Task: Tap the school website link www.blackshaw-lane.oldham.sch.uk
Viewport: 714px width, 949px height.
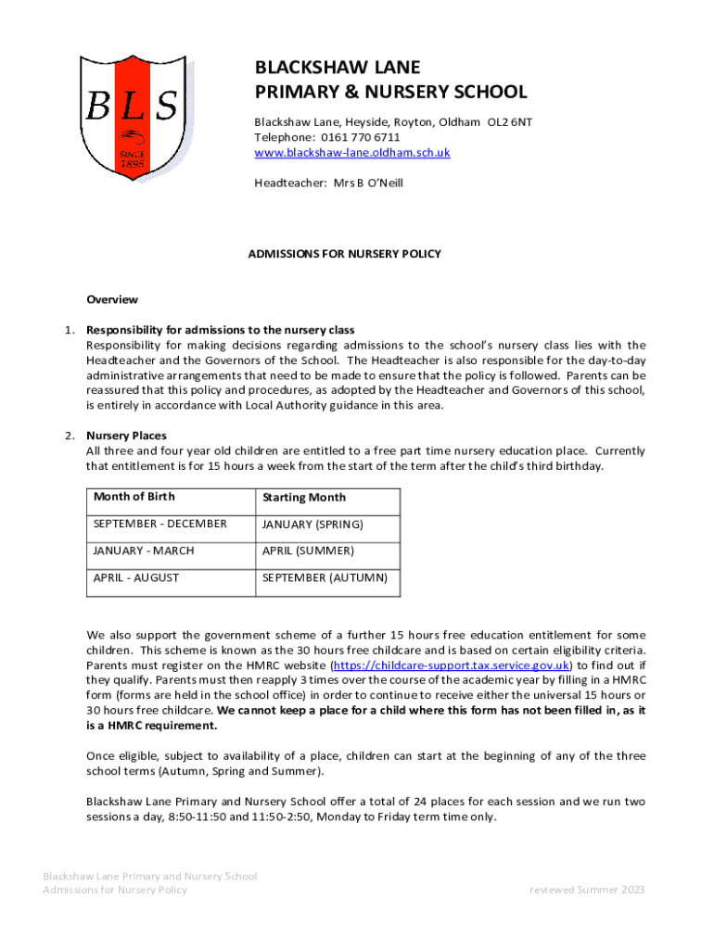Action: (352, 152)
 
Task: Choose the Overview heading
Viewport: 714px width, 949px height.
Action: (112, 299)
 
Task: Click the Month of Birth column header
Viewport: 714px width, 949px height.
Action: (134, 497)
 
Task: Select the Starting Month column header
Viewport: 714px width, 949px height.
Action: (304, 498)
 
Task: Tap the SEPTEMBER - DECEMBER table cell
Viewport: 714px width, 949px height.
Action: (159, 524)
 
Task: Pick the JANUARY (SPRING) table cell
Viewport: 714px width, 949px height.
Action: (312, 525)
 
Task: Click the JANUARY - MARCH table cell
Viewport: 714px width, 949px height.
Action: (144, 550)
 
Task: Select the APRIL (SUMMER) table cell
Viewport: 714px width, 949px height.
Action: (308, 550)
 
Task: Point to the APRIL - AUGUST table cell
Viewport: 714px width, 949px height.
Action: (136, 577)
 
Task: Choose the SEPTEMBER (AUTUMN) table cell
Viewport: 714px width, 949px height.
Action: (325, 577)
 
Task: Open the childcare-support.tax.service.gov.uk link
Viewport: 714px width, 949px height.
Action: (451, 664)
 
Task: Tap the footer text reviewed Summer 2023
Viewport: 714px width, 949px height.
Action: (586, 890)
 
